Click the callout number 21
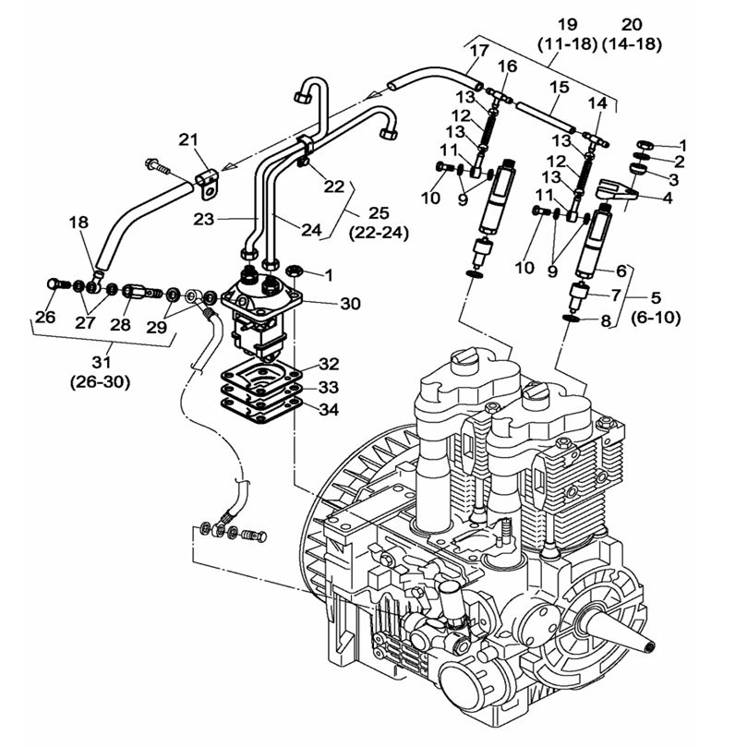(x=188, y=139)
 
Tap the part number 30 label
(x=324, y=303)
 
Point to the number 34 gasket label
(x=330, y=408)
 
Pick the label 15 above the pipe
(x=559, y=87)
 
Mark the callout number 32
(x=330, y=364)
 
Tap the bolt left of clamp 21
(x=155, y=168)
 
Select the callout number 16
(x=507, y=66)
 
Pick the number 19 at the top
(x=566, y=23)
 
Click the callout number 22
(x=333, y=186)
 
